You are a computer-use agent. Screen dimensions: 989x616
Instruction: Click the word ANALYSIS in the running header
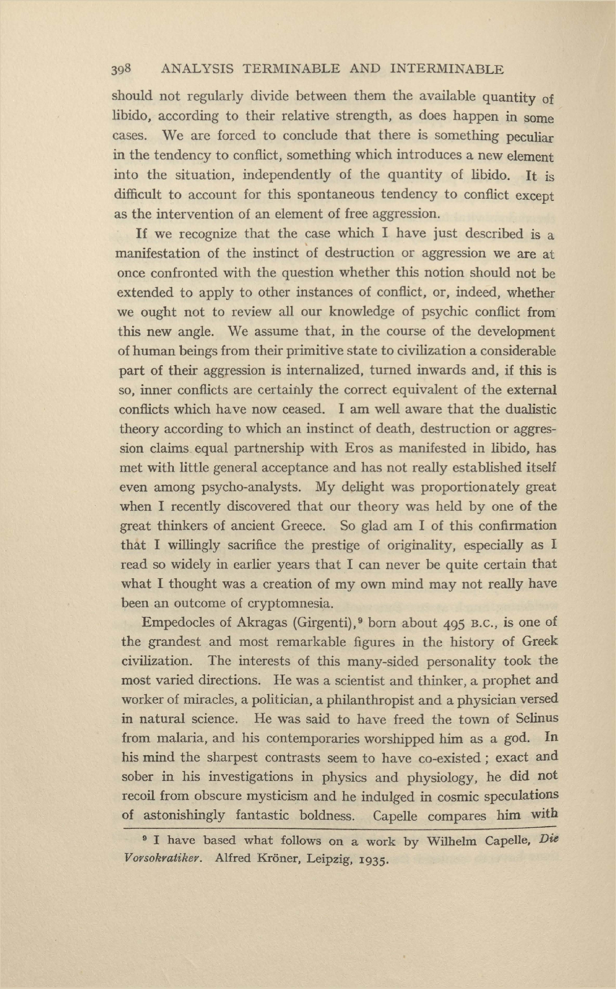pyautogui.click(x=197, y=69)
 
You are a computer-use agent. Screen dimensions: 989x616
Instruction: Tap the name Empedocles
pyautogui.click(x=177, y=623)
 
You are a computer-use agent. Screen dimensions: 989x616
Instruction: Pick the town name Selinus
pyautogui.click(x=536, y=719)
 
